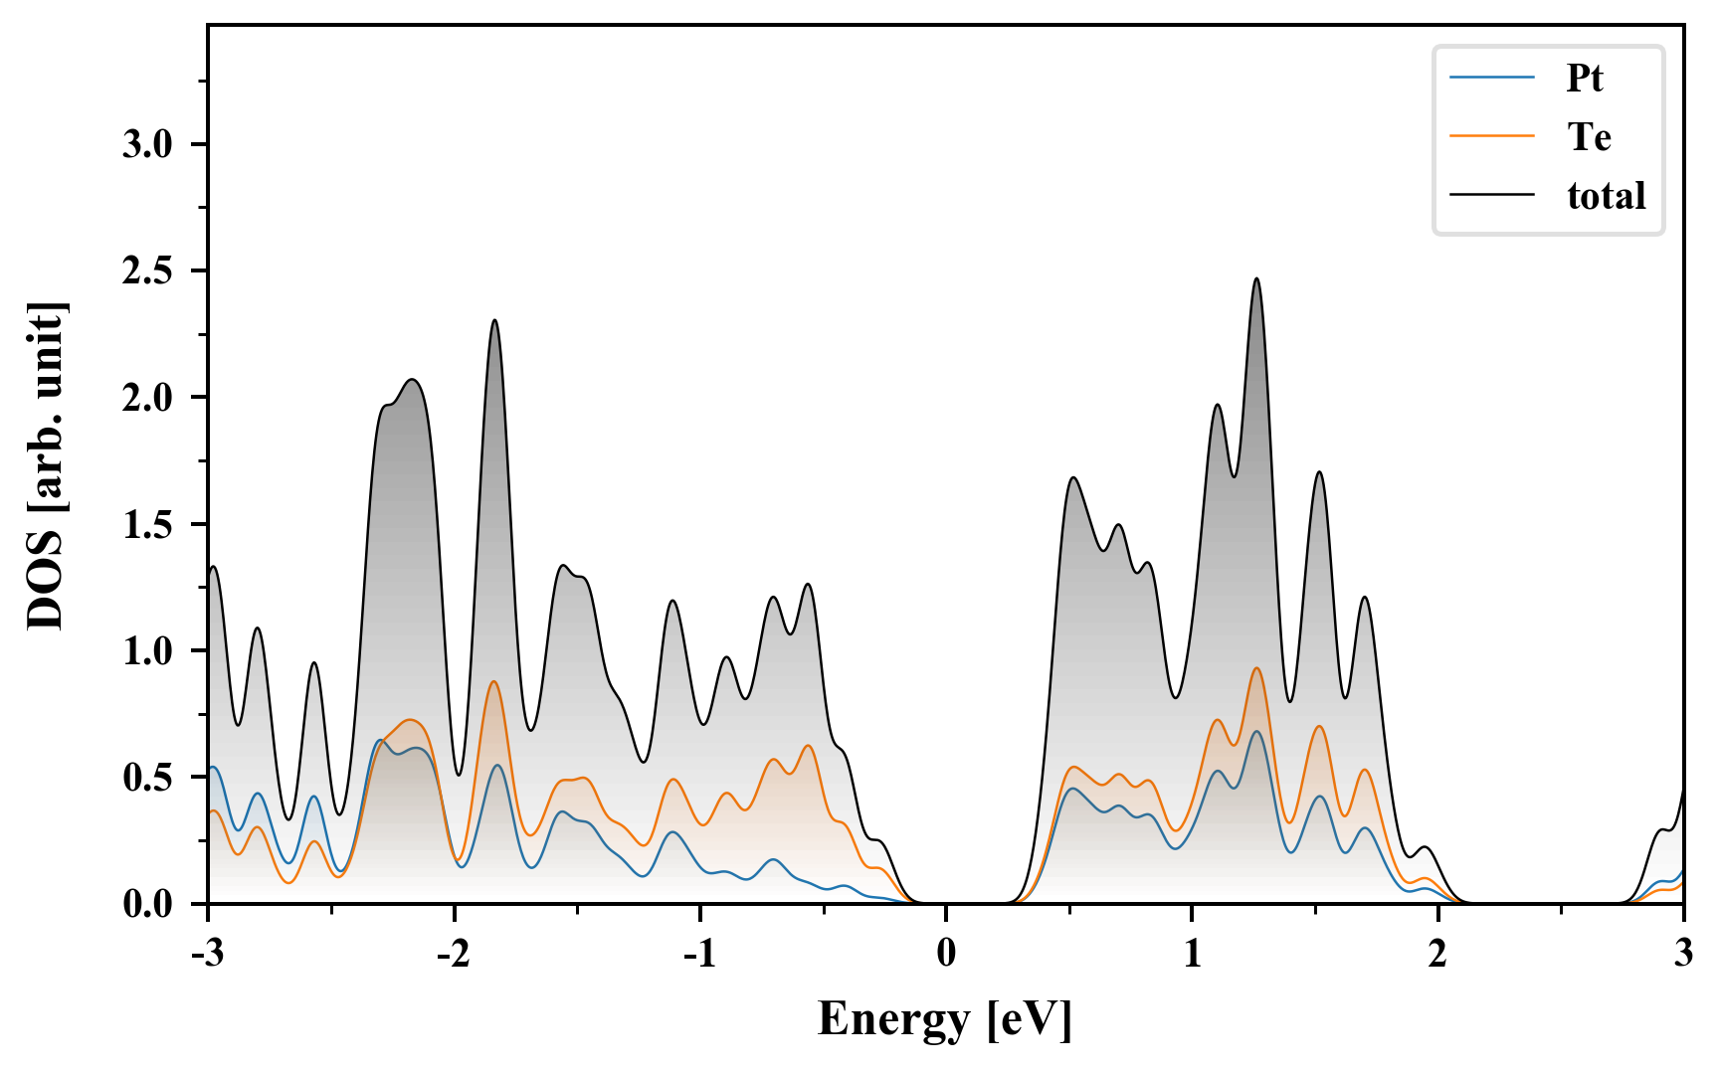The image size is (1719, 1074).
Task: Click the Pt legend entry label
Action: (1585, 78)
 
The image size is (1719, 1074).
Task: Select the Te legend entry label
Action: (1589, 136)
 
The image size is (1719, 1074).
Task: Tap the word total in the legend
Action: (1607, 195)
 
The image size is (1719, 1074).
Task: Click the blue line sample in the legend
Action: (1491, 78)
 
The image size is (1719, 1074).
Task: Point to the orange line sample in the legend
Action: (1491, 136)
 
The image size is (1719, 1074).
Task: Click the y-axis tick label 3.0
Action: (147, 145)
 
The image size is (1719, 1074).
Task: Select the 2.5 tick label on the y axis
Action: (147, 271)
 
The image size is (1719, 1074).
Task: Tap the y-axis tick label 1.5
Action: (147, 525)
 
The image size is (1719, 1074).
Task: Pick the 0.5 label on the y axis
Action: (147, 779)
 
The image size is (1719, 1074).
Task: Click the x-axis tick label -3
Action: (208, 954)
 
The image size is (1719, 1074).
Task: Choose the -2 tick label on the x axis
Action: (454, 954)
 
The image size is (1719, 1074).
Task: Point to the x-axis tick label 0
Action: (946, 954)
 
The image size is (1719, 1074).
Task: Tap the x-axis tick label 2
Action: (1437, 954)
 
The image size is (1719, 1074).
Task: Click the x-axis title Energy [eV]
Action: (945, 1019)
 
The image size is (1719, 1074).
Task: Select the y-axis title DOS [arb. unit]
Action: (46, 465)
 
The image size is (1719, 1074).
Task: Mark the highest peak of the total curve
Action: (1256, 279)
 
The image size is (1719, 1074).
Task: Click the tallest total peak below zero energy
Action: (494, 321)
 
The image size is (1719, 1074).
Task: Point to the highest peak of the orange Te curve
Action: (1256, 668)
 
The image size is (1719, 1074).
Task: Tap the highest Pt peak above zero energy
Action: (1256, 732)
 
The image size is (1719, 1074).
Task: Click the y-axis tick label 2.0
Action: (147, 399)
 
